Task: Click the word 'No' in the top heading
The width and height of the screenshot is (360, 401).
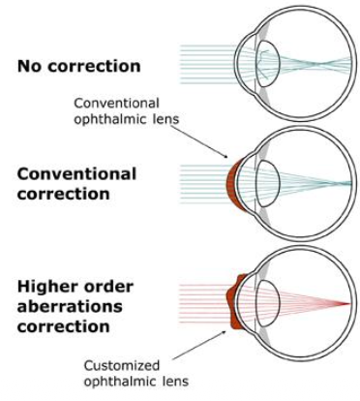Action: coord(30,66)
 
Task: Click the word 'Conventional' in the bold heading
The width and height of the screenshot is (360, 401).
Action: coord(76,174)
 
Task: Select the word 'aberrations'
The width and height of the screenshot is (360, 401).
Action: coord(70,306)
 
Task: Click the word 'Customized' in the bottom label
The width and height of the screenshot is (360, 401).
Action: coord(122,366)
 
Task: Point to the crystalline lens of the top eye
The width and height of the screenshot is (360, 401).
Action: coord(268,64)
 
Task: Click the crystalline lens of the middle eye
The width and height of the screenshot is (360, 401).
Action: coord(268,183)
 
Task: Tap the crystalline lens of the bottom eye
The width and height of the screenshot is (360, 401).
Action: coord(268,303)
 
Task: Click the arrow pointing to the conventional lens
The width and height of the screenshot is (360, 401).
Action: coord(199,141)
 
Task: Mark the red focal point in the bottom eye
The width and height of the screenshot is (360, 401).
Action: coord(349,303)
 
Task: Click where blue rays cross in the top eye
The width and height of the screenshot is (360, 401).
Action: coord(318,64)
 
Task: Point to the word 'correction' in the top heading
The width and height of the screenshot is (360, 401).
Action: coord(94,66)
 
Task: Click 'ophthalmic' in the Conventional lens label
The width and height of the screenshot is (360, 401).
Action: coord(110,119)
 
